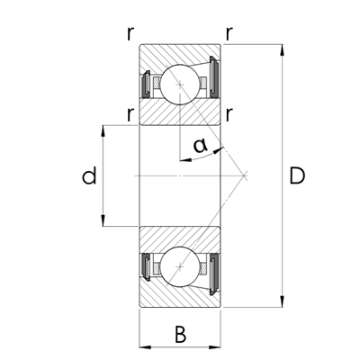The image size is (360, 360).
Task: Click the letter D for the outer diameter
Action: coord(297,176)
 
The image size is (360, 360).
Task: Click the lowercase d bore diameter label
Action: coord(88,176)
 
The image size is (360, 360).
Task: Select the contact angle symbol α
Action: coord(202,145)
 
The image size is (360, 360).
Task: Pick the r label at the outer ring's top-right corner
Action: coord(231,34)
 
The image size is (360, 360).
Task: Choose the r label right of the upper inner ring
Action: coord(231,113)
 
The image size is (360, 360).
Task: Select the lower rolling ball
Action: coord(180,267)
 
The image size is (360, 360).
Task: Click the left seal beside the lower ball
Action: coord(146,267)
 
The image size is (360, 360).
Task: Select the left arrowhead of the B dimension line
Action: coord(143,345)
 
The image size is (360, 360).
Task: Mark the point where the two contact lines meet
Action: coord(247,176)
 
